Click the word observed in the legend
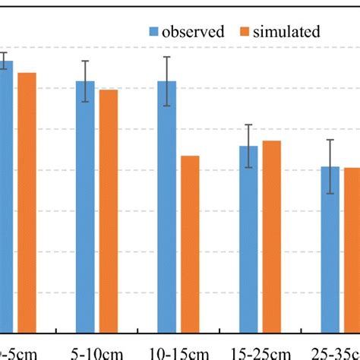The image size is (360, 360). tap(193, 32)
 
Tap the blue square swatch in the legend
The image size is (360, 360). tap(153, 32)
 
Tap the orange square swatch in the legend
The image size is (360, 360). tap(246, 32)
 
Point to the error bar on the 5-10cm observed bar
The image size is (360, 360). tap(86, 81)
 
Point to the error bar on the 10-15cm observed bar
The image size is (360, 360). tap(167, 81)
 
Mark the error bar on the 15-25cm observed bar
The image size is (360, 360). tap(248, 146)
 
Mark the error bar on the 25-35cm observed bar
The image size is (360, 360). tap(330, 166)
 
